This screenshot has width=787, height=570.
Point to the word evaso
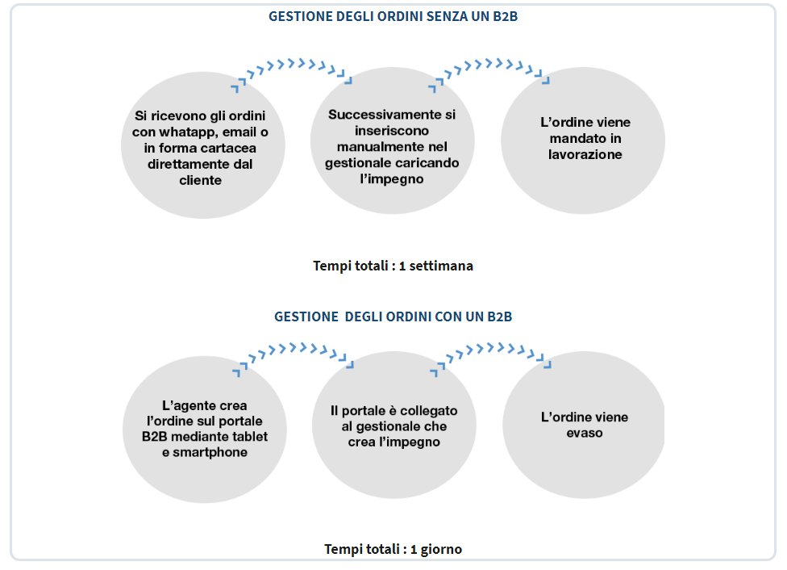[585, 434]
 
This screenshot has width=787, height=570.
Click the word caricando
[431, 162]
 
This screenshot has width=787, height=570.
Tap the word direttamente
[188, 164]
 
